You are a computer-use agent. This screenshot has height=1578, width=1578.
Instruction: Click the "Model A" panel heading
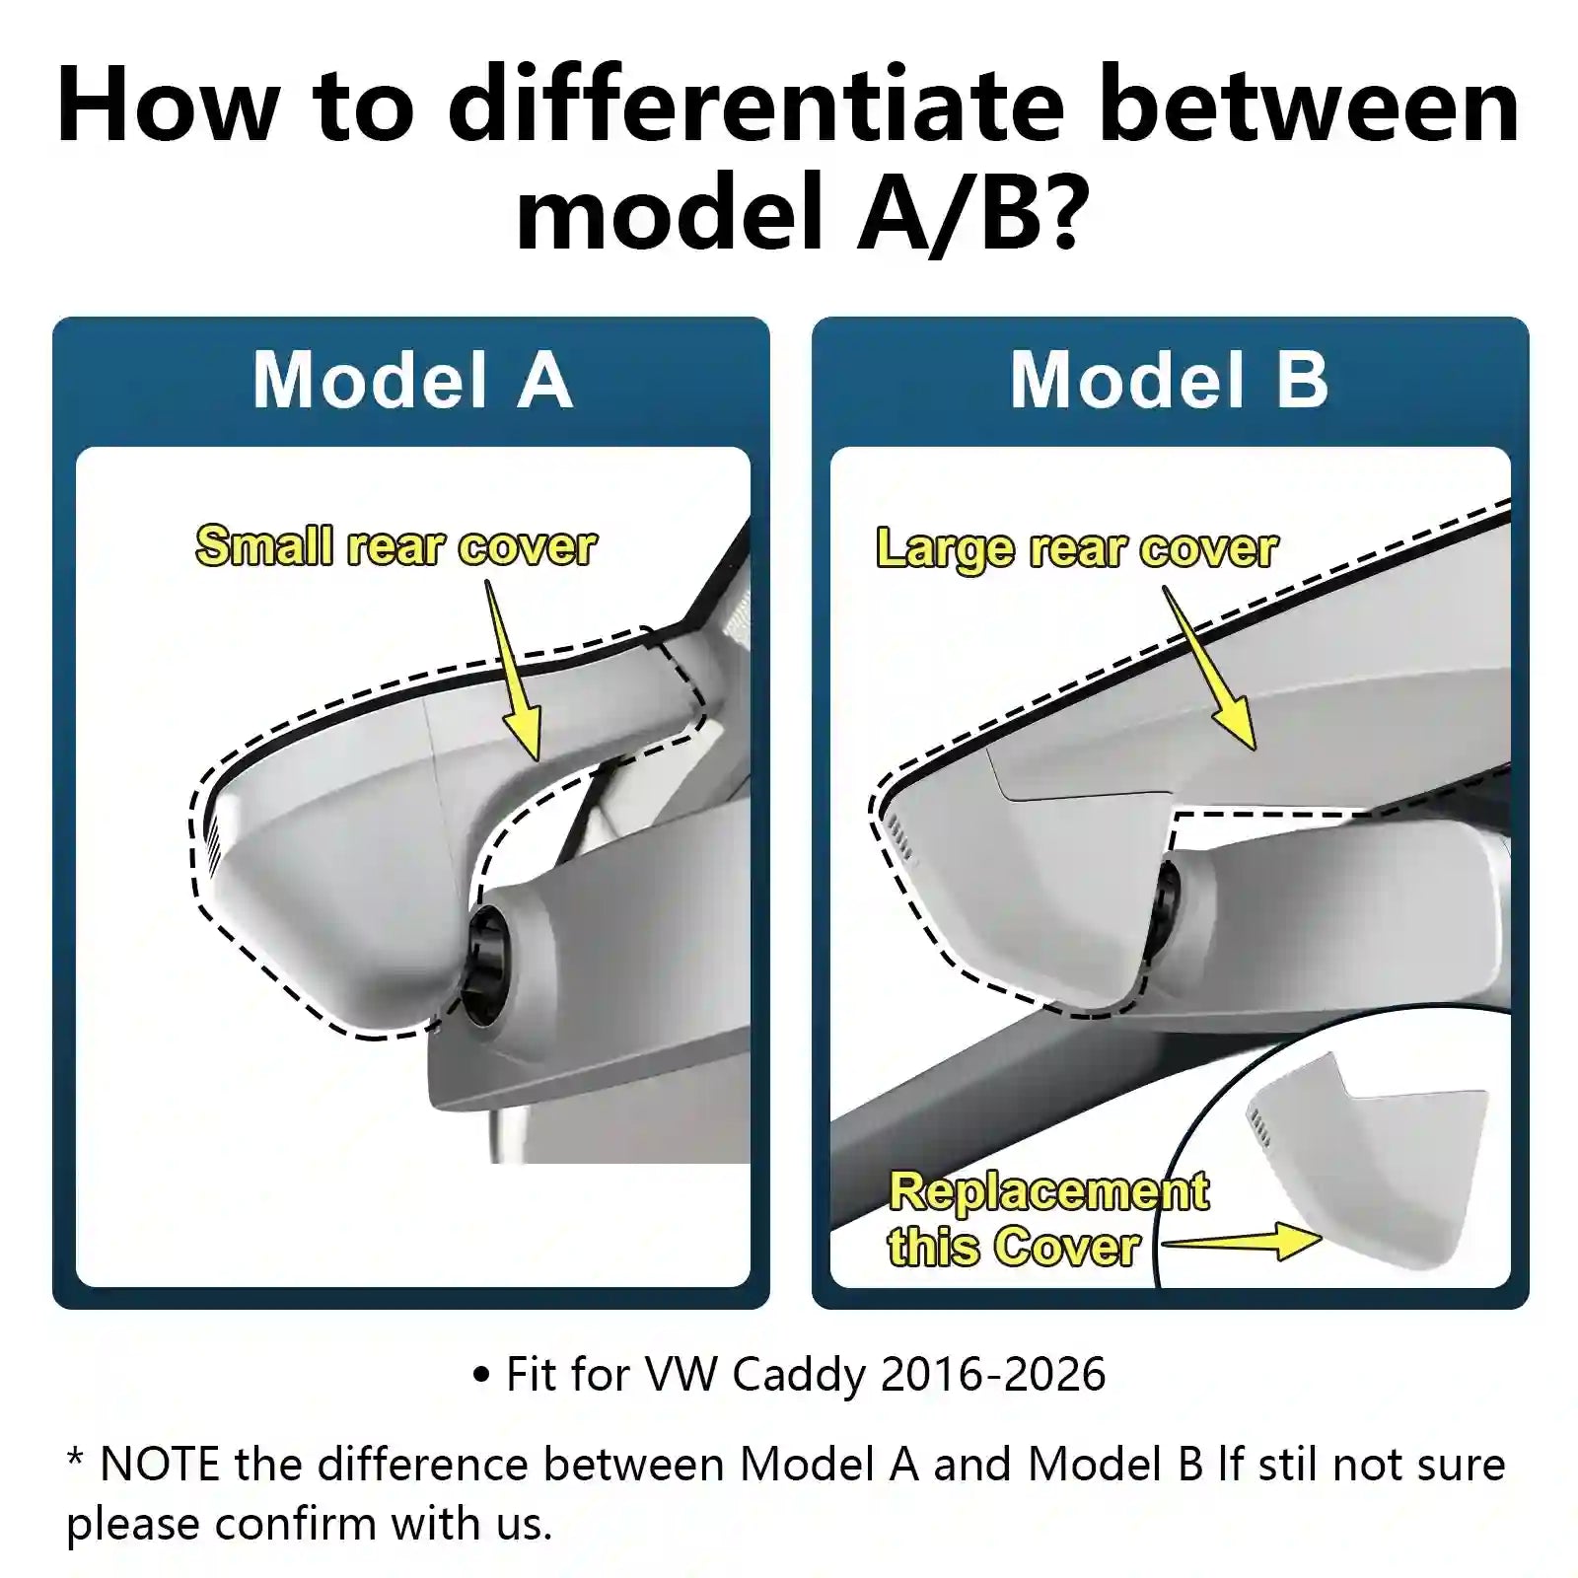point(411,381)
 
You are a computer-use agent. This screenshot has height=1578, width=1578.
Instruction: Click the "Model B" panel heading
point(1169,381)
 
